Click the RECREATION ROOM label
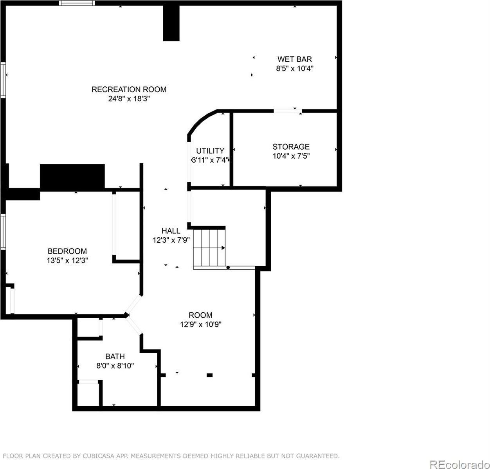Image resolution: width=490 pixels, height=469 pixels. pos(129,90)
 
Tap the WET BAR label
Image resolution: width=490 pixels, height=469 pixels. pos(294,59)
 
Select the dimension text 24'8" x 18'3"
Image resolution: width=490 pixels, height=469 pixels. pos(129,99)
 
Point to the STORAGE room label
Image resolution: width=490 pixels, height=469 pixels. pos(291,147)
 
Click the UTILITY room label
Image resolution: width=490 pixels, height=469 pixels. pos(210,151)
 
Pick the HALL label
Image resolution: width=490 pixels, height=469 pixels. pos(171,231)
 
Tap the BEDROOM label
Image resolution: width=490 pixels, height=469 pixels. pos(67,251)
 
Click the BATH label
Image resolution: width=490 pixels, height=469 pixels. pos(115,356)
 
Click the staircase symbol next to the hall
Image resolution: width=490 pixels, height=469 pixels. pos(210,247)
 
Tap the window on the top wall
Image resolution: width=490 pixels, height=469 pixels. pos(77,3)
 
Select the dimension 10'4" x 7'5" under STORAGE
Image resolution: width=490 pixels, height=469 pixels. pos(291,156)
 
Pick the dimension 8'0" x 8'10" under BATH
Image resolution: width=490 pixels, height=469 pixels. pos(115,366)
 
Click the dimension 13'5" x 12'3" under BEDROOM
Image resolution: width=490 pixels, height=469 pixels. pos(67,261)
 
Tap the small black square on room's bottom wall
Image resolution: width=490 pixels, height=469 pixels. pos(209,375)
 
